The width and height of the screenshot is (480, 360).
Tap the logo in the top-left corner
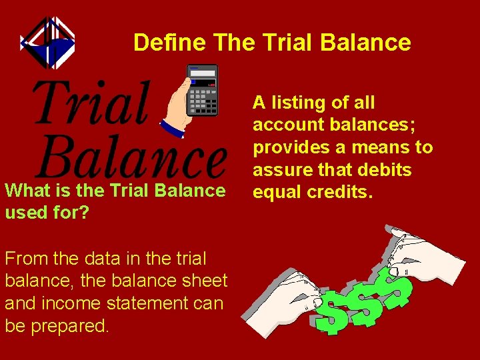point(47,42)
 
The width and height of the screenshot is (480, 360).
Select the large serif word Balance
point(132,156)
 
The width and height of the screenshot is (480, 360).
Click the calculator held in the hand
point(202,91)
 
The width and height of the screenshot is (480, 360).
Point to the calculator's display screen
point(203,73)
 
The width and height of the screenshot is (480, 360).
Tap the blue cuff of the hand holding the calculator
point(171,128)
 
